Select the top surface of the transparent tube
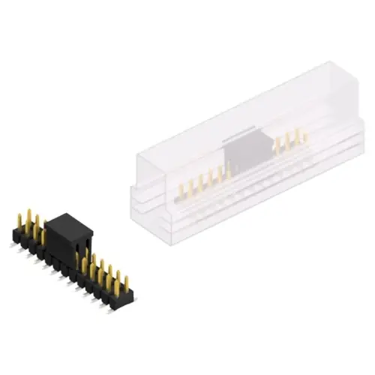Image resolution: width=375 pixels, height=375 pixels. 225,112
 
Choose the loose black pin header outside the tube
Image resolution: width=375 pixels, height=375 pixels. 67,259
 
